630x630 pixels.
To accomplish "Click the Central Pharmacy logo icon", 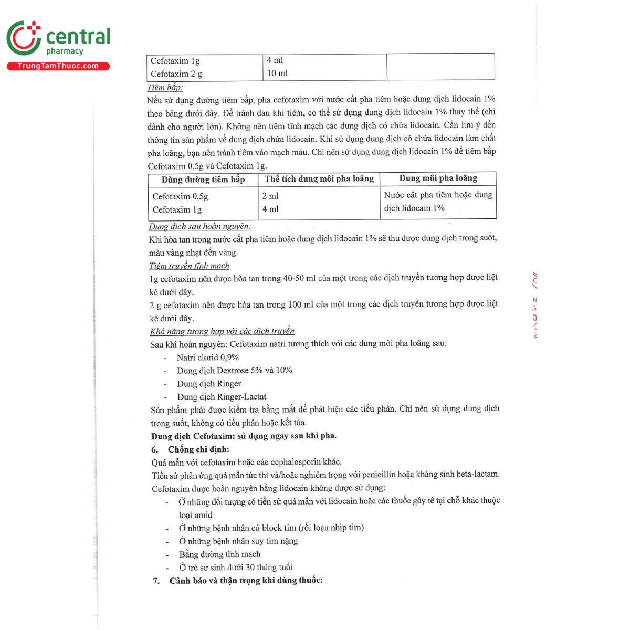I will pyautogui.click(x=24, y=38).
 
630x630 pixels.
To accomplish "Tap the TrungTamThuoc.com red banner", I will pyautogui.click(x=58, y=66).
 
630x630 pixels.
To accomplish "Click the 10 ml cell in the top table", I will pyautogui.click(x=277, y=73).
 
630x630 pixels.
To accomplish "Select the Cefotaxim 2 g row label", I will pyautogui.click(x=176, y=74).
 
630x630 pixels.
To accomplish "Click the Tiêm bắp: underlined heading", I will pyautogui.click(x=164, y=88).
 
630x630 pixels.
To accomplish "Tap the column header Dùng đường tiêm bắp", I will pyautogui.click(x=203, y=180).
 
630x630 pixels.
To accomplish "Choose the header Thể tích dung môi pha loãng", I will pyautogui.click(x=319, y=178).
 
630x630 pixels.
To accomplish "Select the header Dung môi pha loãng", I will pyautogui.click(x=438, y=178).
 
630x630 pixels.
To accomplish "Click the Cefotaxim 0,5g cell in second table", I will pyautogui.click(x=180, y=196).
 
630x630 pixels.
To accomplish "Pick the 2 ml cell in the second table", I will pyautogui.click(x=270, y=196).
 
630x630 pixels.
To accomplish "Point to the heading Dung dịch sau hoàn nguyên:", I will pyautogui.click(x=199, y=226).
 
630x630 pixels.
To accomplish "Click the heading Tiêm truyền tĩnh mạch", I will pyautogui.click(x=189, y=266).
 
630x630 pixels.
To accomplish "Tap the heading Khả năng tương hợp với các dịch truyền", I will pyautogui.click(x=222, y=331).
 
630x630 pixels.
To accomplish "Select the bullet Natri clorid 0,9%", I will pyautogui.click(x=207, y=357).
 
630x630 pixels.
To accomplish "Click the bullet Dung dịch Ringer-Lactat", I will pyautogui.click(x=222, y=396).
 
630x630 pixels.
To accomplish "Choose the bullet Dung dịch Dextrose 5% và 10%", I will pyautogui.click(x=234, y=370).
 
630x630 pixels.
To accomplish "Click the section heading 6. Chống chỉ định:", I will pyautogui.click(x=191, y=449).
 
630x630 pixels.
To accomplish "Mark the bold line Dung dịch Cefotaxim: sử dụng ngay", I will pyautogui.click(x=244, y=436).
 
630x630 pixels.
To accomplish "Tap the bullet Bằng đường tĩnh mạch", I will pyautogui.click(x=219, y=554).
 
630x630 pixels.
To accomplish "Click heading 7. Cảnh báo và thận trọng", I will pyautogui.click(x=238, y=580).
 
